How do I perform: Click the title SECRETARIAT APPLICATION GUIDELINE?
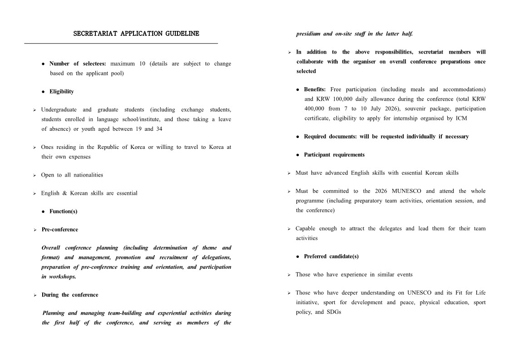pos(136,34)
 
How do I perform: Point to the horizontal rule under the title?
pos(121,44)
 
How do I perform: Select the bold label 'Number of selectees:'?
pos(78,64)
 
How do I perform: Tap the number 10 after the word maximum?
pos(142,64)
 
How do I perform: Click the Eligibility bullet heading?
pos(61,91)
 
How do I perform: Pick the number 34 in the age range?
pos(159,128)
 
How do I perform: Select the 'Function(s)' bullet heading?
pos(63,211)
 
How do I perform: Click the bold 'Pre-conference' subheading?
pos(59,229)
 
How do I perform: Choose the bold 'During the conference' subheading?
pos(69,295)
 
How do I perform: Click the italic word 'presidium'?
pos(308,34)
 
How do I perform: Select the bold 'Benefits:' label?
pos(315,89)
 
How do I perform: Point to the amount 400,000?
pos(314,108)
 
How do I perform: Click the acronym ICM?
pos(461,118)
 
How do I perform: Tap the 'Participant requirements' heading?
pos(334,155)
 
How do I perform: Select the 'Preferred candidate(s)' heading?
pos(331,256)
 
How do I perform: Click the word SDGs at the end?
pos(334,312)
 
